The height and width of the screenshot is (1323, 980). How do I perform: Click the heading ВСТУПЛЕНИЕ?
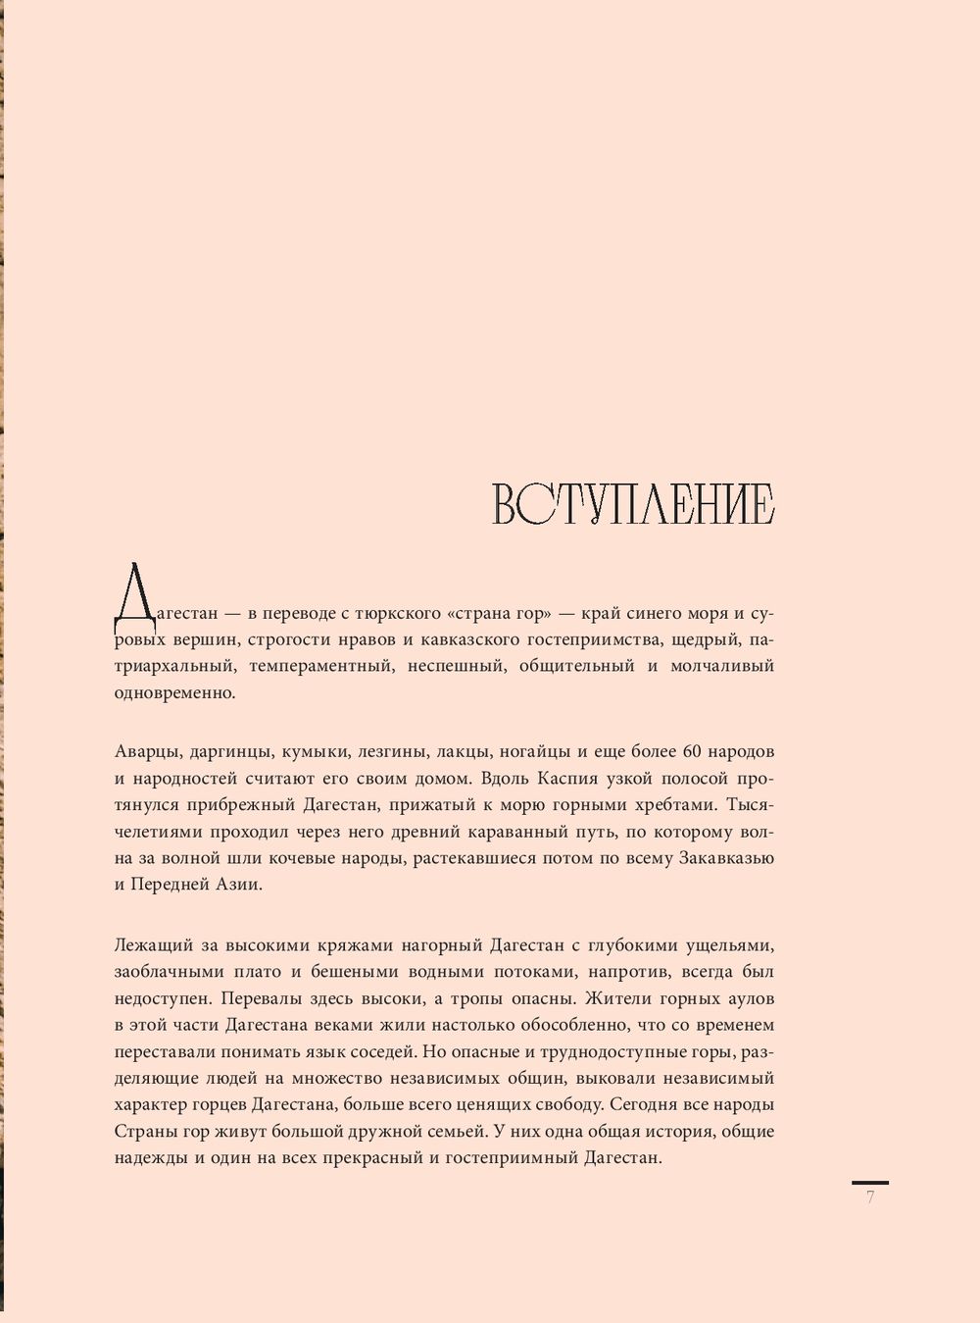[633, 505]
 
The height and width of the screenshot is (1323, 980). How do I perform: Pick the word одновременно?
[174, 692]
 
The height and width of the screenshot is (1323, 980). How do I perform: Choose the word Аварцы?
[142, 752]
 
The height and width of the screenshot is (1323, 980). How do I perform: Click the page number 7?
[870, 1197]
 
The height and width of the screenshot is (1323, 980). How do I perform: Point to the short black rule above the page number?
[870, 1183]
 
